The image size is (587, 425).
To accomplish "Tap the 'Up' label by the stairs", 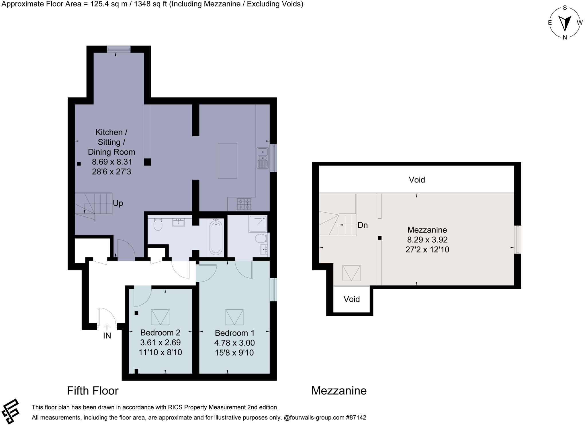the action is click(x=118, y=203).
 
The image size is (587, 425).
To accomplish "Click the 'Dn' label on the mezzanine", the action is click(x=363, y=225).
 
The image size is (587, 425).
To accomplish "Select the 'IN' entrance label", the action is click(x=107, y=336).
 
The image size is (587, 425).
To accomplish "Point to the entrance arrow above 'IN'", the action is click(x=107, y=327).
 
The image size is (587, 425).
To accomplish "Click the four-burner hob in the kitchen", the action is click(x=244, y=204).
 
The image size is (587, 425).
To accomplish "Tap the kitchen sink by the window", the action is click(x=262, y=158).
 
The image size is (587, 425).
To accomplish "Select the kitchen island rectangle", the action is click(x=227, y=161).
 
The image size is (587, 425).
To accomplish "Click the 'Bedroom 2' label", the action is click(x=160, y=333).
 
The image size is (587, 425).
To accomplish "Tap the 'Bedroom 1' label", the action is click(x=234, y=333).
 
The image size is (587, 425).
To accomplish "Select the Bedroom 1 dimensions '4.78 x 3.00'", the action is click(x=234, y=343).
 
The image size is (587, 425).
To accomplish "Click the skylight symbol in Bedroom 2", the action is click(x=160, y=317).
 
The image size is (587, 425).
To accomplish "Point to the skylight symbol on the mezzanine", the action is click(x=351, y=273).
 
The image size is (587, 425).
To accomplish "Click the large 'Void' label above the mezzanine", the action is click(x=417, y=180).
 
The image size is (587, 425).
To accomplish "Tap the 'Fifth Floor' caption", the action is click(x=93, y=391).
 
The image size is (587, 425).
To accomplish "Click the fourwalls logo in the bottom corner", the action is click(x=10, y=411).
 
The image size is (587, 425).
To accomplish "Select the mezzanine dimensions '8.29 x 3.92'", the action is click(x=427, y=240).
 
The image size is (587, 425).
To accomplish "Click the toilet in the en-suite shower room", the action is click(x=261, y=238).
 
